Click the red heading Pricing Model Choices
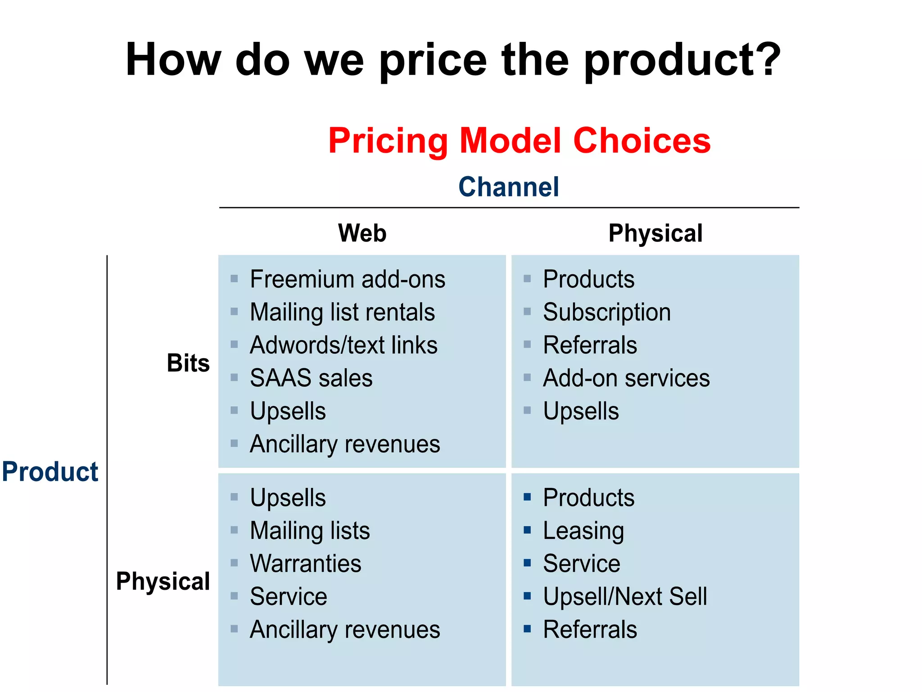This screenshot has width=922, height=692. tap(519, 141)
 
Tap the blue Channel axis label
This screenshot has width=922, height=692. tap(508, 187)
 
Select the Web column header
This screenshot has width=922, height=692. tap(362, 233)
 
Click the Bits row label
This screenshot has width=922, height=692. tap(188, 363)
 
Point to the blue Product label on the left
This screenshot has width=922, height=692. tap(50, 472)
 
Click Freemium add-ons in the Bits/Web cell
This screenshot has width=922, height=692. tap(347, 279)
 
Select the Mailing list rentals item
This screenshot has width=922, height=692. tap(342, 312)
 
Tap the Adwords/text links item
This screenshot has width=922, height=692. tap(343, 345)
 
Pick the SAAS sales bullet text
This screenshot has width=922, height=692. tap(311, 378)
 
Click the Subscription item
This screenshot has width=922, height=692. tap(606, 312)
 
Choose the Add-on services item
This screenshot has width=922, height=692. tap(626, 378)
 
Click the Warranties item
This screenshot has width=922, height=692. tap(306, 564)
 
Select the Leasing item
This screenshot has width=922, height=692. tap(583, 531)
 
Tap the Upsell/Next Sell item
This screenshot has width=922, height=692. tap(625, 596)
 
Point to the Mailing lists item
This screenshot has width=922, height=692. tap(310, 531)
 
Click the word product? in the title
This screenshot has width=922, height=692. tap(682, 60)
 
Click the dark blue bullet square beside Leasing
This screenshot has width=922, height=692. tap(527, 530)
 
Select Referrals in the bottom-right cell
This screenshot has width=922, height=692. tap(590, 629)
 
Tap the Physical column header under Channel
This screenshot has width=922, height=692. tap(655, 233)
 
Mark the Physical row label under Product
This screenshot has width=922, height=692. tap(163, 581)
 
